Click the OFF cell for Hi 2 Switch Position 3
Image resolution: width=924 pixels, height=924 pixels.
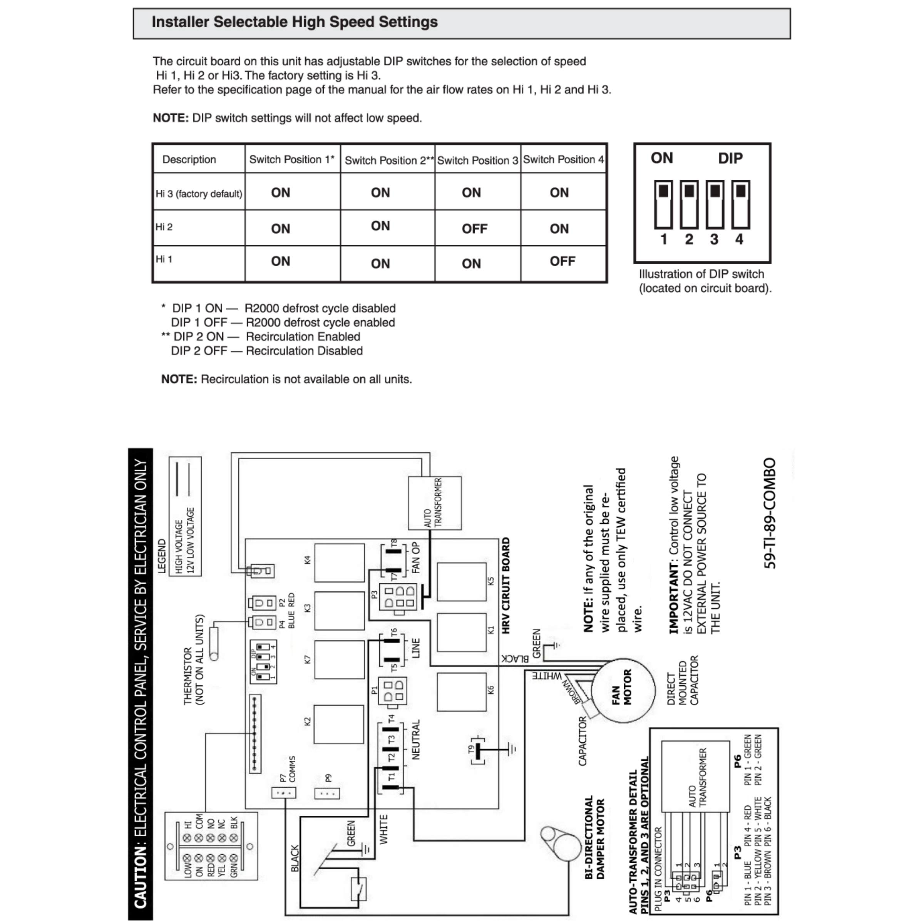click(x=474, y=229)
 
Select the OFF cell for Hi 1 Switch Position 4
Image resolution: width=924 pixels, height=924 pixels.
click(x=562, y=261)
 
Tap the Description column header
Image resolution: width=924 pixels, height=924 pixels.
click(x=189, y=159)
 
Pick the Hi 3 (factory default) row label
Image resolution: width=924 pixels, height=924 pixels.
click(x=199, y=194)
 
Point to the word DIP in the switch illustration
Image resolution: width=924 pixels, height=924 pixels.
click(x=730, y=158)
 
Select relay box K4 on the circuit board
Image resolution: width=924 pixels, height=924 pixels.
click(x=339, y=562)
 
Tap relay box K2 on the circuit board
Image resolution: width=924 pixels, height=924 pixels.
click(x=339, y=724)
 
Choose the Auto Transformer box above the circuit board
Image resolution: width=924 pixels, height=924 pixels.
click(x=434, y=503)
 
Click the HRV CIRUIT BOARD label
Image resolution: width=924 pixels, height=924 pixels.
click(x=506, y=586)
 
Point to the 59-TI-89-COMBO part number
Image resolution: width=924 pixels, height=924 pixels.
click(x=769, y=513)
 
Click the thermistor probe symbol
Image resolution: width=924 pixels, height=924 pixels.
click(x=214, y=644)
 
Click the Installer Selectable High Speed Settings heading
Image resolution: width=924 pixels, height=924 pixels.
click(x=294, y=22)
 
